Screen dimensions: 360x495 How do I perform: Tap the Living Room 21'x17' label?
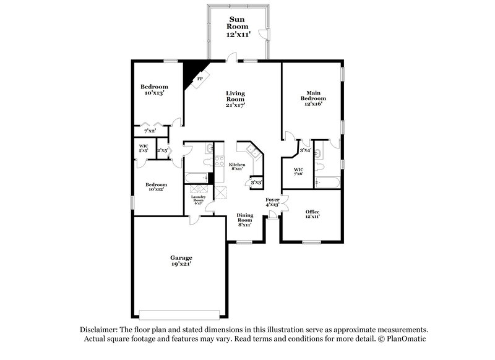click(235, 99)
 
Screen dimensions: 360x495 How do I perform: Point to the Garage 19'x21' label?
click(181, 260)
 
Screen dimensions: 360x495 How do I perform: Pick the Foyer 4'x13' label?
click(273, 202)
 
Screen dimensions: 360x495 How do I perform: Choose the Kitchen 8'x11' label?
click(237, 167)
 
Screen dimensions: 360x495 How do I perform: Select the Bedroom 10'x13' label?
click(153, 89)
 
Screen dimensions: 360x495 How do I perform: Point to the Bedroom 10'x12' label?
click(156, 187)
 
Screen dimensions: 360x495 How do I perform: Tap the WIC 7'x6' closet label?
click(298, 171)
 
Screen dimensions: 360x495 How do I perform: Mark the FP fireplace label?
click(200, 79)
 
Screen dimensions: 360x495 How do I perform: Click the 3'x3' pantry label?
click(254, 183)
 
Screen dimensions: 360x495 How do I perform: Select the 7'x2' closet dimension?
click(150, 131)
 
